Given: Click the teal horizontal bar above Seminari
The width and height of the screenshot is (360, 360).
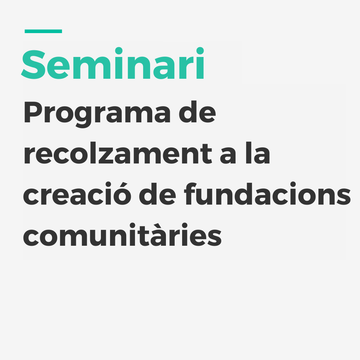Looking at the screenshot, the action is [x=43, y=31].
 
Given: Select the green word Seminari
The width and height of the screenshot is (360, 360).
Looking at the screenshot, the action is [x=112, y=63].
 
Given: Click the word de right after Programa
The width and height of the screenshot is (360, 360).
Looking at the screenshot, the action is [x=197, y=111].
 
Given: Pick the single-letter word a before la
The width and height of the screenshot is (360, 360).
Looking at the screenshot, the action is [x=228, y=156].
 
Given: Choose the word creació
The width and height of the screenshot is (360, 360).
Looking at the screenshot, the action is [x=77, y=193].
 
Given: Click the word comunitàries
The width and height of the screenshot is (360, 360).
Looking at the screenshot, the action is [x=122, y=234].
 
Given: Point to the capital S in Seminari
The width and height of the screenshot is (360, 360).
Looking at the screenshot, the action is [x=33, y=64].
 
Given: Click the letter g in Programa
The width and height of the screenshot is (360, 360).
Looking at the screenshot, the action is [x=83, y=117].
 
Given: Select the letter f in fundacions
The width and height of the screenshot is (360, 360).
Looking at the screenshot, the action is [x=190, y=194].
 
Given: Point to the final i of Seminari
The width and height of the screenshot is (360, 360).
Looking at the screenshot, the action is [x=200, y=63].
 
